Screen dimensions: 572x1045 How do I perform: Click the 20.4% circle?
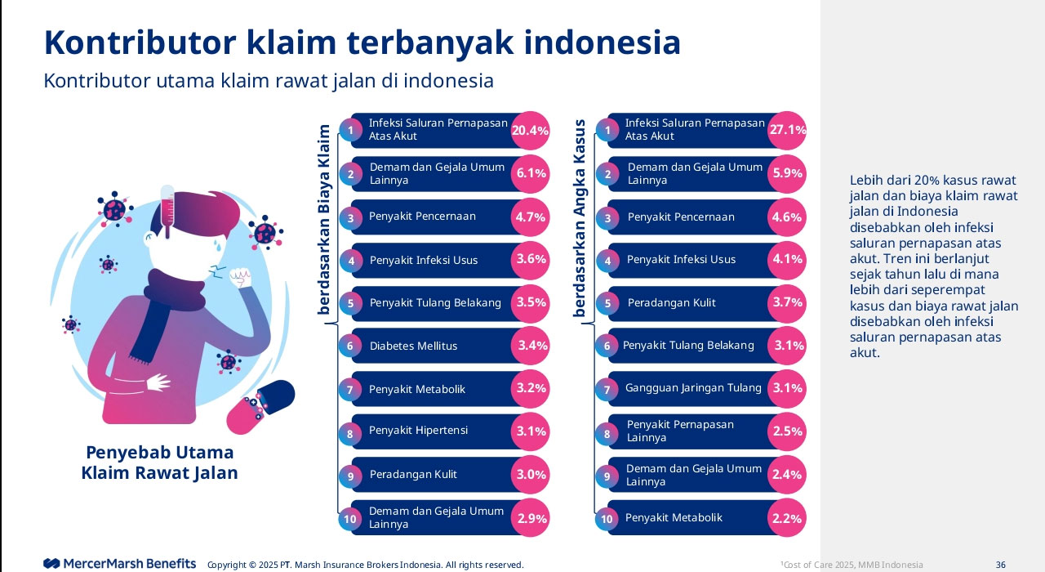(x=530, y=130)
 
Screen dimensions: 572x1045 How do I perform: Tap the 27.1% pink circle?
(x=787, y=130)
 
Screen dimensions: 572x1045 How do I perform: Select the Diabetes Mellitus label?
(x=413, y=346)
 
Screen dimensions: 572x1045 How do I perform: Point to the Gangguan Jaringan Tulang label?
(x=693, y=388)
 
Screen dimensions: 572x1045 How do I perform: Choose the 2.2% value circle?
(x=787, y=518)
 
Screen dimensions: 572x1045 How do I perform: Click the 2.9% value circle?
(x=530, y=518)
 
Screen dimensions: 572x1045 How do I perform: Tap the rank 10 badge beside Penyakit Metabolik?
(x=607, y=519)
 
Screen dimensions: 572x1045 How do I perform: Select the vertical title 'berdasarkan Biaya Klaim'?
(x=324, y=219)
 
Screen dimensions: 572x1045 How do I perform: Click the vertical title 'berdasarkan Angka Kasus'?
(x=580, y=219)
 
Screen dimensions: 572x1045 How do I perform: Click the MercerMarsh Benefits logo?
(x=120, y=564)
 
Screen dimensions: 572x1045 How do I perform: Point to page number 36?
(x=1000, y=565)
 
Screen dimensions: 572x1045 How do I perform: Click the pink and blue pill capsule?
(x=260, y=406)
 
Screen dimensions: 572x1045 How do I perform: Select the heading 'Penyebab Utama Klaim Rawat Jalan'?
(x=160, y=463)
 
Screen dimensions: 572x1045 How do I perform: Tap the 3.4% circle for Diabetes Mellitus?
(x=531, y=346)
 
